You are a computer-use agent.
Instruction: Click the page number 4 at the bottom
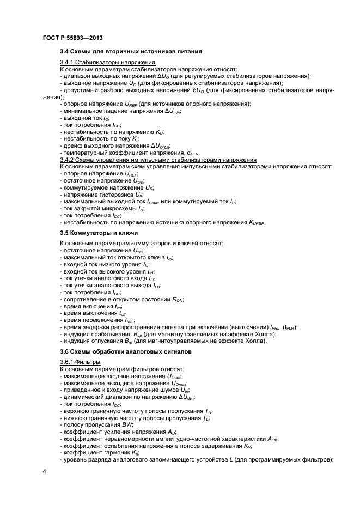(x=44, y=470)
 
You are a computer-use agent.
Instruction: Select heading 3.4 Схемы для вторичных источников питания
(x=131, y=52)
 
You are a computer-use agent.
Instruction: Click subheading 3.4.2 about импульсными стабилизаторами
(x=158, y=160)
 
